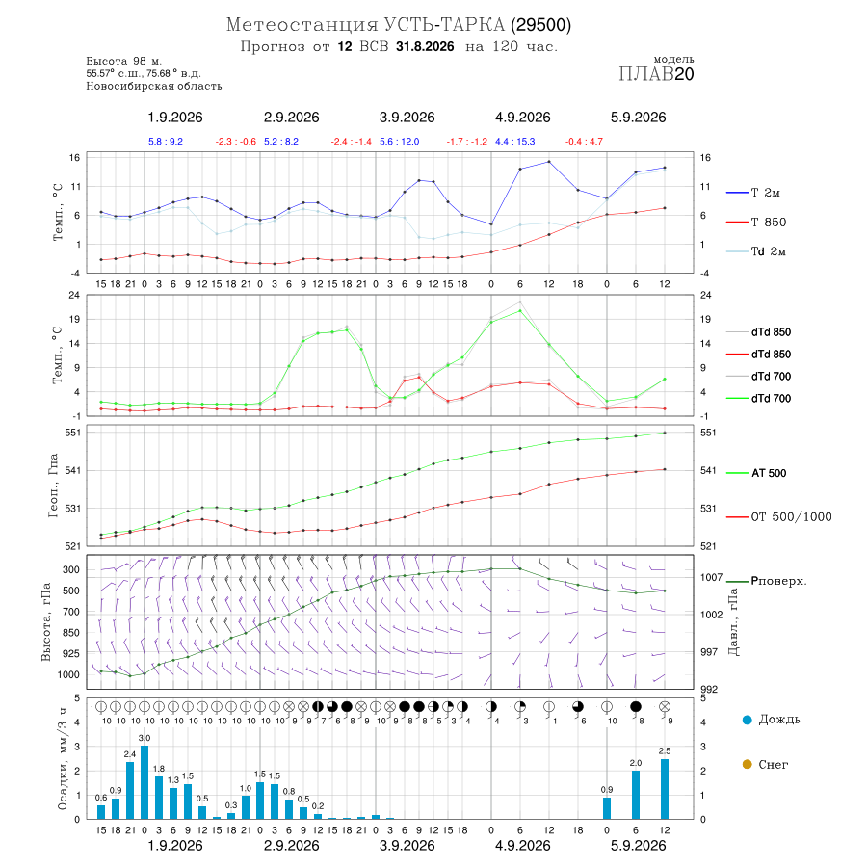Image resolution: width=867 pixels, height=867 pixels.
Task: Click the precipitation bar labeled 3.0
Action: (144, 782)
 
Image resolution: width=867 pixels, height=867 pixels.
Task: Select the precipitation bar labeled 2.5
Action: (665, 788)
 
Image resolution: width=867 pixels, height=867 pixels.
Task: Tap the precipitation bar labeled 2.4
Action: (130, 790)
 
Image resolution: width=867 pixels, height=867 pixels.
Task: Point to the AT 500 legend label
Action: (769, 473)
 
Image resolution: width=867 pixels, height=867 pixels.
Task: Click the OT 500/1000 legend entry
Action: (779, 517)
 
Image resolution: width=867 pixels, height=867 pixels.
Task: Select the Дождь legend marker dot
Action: (747, 720)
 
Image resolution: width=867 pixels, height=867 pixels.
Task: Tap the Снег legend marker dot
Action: (747, 764)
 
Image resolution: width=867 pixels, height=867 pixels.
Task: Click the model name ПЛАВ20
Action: (656, 74)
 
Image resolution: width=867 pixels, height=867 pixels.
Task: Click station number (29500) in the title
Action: (540, 25)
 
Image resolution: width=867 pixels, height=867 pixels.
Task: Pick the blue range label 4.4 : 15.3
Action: (514, 142)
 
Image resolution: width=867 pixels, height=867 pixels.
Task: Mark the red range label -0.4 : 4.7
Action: (584, 142)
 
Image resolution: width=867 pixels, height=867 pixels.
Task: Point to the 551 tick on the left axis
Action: (73, 433)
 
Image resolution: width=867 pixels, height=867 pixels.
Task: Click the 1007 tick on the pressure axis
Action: (711, 577)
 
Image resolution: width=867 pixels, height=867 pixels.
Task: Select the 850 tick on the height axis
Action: (70, 633)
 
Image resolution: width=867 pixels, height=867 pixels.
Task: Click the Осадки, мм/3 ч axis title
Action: (62, 759)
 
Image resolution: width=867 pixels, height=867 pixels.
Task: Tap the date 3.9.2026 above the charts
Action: (407, 118)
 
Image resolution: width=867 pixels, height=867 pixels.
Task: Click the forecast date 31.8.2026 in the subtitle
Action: (425, 46)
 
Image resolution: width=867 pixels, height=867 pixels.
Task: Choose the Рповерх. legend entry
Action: (767, 581)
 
